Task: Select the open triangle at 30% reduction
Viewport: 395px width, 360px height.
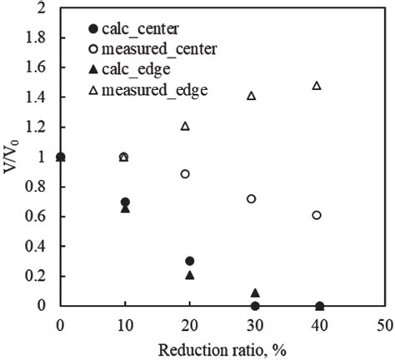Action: pos(251,96)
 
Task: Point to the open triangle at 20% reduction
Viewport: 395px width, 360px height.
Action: pos(185,126)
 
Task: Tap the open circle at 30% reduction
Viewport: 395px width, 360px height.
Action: pos(251,198)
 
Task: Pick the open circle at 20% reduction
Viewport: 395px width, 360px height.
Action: pos(185,173)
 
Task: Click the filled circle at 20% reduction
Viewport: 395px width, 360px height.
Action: pos(190,261)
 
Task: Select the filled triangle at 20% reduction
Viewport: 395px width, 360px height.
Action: pos(190,274)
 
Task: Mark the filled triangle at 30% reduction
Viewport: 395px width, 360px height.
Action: pos(255,292)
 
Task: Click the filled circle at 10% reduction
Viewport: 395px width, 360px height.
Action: pos(125,202)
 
